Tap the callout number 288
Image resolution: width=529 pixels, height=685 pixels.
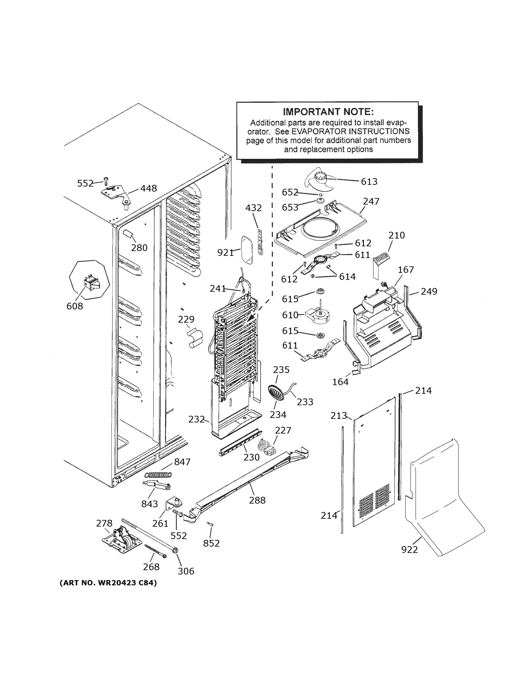coord(257,500)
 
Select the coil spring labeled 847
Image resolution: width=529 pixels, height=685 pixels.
coord(159,475)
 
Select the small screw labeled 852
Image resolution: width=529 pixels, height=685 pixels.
coord(210,524)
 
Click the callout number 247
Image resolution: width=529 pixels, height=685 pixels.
coord(371,201)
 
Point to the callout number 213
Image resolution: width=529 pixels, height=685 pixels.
coord(339,416)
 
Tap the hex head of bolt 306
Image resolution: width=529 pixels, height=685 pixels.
coord(175,559)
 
